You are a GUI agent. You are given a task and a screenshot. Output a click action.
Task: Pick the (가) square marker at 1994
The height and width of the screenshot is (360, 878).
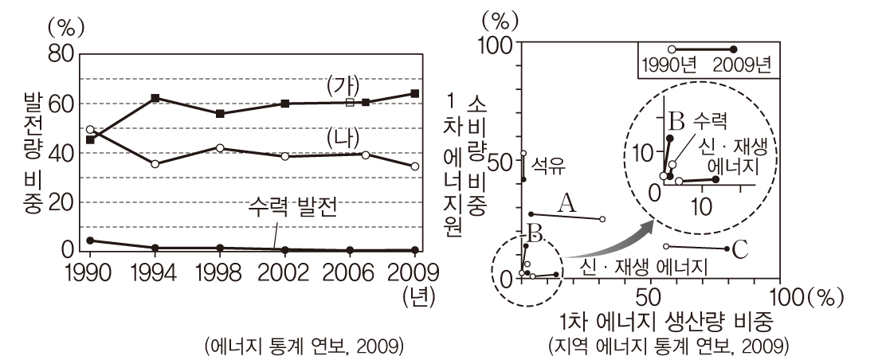[155, 98]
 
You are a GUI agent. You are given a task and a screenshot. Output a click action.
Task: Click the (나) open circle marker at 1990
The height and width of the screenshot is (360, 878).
[90, 129]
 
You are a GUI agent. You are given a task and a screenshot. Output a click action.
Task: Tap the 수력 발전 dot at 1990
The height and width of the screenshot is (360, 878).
[90, 240]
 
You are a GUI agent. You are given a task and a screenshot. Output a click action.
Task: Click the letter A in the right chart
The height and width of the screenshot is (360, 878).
[566, 204]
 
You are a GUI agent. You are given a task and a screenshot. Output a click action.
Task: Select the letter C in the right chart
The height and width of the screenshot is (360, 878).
[740, 250]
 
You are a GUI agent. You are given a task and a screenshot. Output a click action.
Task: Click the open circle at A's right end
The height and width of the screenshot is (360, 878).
[602, 219]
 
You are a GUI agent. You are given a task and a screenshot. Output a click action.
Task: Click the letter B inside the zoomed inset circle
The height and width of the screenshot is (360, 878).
[676, 122]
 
